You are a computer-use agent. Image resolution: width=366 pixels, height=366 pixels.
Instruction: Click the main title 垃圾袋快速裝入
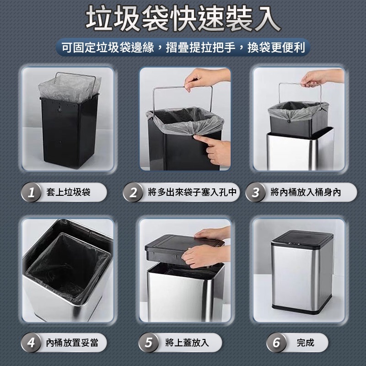tap(183, 18)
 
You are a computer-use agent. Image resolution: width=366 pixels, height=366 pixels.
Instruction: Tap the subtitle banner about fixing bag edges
tap(183, 48)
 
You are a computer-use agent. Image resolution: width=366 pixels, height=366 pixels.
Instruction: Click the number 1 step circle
tap(31, 192)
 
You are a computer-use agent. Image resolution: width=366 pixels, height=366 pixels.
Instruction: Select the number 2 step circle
tap(133, 192)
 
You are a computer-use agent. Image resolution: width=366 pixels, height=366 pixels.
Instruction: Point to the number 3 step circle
tap(256, 192)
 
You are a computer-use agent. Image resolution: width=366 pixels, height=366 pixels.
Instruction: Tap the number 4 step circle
tap(31, 343)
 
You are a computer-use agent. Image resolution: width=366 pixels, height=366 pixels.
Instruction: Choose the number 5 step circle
tap(148, 343)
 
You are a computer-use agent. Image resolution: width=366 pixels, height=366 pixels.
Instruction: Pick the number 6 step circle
tap(276, 343)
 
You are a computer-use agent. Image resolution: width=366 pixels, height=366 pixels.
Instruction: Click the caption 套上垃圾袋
tap(68, 192)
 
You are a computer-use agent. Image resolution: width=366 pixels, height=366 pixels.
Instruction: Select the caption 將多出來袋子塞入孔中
tap(192, 192)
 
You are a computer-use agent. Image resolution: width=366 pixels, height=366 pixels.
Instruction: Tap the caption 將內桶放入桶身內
tap(306, 192)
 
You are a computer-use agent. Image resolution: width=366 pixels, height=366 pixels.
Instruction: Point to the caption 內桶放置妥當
tap(72, 343)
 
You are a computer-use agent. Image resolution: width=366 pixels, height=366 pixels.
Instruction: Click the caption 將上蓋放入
tap(187, 343)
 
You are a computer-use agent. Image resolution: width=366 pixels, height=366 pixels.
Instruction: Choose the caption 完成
tap(305, 343)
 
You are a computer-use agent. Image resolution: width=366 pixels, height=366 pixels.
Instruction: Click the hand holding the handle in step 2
tap(207, 78)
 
